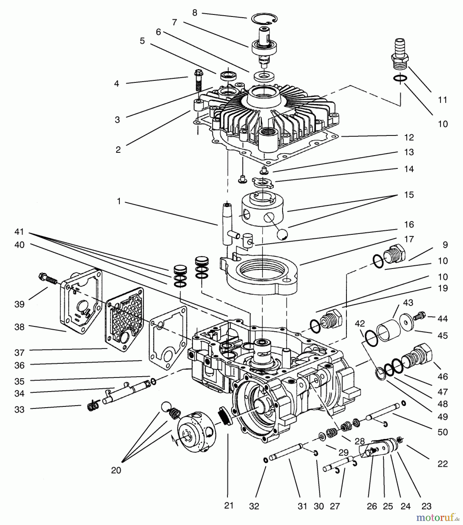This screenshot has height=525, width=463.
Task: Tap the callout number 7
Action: coord(174,22)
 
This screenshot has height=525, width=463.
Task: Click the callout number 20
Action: coord(116,470)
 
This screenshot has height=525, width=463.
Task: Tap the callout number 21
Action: coord(229,505)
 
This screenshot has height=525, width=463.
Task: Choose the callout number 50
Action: coord(442,432)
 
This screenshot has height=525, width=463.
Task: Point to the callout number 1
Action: coord(119,202)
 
